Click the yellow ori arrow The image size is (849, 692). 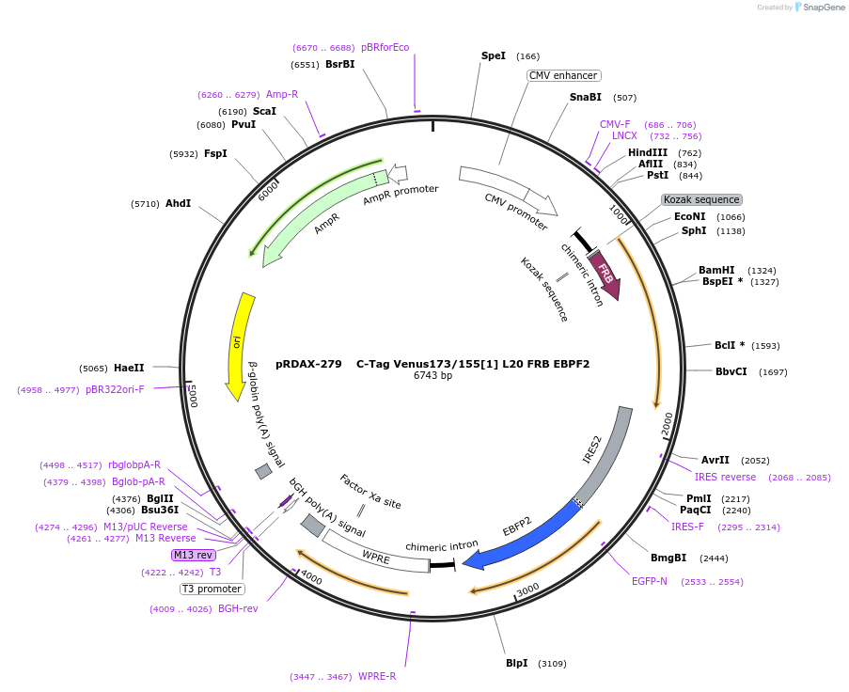(238, 343)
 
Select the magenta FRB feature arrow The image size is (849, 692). (606, 275)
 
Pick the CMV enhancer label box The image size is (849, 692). (563, 75)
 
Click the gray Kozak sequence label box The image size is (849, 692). (701, 199)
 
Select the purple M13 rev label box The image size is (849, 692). (193, 555)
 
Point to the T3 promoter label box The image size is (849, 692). (212, 589)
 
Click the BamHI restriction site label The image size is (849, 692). (716, 270)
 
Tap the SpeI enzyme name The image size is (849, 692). (494, 56)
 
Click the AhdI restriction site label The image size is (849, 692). (178, 203)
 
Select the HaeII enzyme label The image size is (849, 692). (129, 369)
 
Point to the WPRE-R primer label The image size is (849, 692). (377, 676)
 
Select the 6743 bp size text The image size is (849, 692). (433, 375)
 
